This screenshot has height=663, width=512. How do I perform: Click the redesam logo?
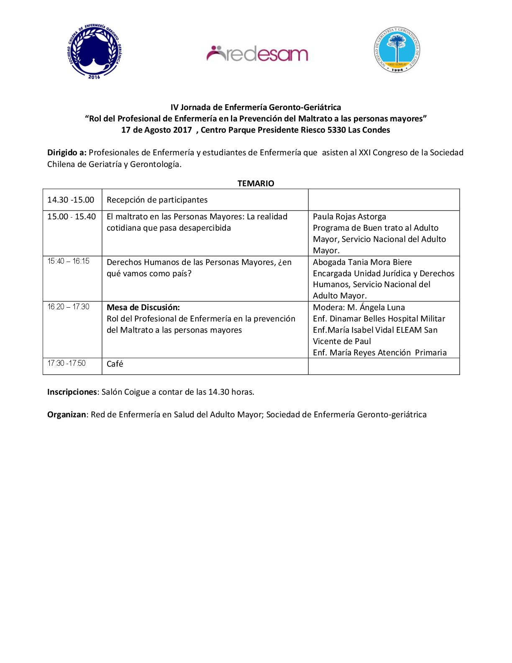coord(257,54)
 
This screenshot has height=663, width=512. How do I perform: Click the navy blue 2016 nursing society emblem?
coord(95,51)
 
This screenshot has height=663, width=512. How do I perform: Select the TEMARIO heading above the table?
coord(256,183)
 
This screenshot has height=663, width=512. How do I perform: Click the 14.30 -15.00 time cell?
coord(71,200)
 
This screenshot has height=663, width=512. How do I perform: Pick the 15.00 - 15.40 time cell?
coord(72,217)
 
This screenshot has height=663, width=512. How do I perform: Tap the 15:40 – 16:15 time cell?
coord(68,262)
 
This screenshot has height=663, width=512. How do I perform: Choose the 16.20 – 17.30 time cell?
coord(68,307)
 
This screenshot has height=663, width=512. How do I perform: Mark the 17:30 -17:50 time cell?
coord(67,363)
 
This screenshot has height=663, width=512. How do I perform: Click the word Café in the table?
coord(115,364)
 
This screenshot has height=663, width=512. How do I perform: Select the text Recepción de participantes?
coord(157,200)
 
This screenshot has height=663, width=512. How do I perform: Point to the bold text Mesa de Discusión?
coord(143,307)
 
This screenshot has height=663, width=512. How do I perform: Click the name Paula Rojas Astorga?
coord(349,217)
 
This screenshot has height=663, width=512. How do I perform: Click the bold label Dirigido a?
coord(67,153)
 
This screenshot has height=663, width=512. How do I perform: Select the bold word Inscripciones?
coord(72,392)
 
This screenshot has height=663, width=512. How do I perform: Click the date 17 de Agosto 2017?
coord(156,130)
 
